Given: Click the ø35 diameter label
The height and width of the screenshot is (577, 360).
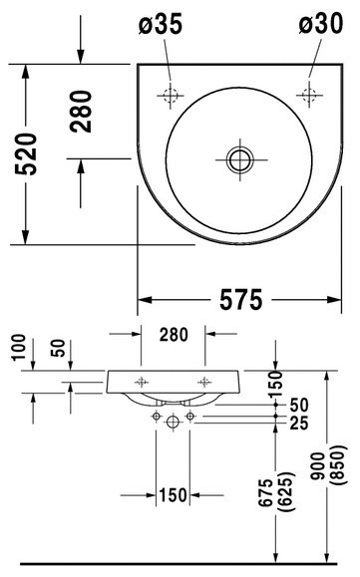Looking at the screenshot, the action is pyautogui.click(x=161, y=24).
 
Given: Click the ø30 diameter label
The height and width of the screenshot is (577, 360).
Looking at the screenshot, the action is pyautogui.click(x=321, y=24).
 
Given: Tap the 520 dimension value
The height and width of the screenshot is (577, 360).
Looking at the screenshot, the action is pyautogui.click(x=26, y=153).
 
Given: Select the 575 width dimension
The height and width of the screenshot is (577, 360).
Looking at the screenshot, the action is pyautogui.click(x=241, y=300).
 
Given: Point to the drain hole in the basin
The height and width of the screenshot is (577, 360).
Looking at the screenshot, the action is pyautogui.click(x=240, y=160).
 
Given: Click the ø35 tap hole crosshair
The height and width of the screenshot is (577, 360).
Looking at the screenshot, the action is pyautogui.click(x=171, y=96).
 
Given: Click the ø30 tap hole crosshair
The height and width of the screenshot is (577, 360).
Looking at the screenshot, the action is pyautogui.click(x=309, y=95).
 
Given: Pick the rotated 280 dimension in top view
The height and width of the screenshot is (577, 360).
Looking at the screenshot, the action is pyautogui.click(x=81, y=112).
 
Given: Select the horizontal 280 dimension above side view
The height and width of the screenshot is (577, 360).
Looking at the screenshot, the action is pyautogui.click(x=174, y=334).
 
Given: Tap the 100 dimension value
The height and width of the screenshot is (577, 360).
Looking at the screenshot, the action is pyautogui.click(x=19, y=347).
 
